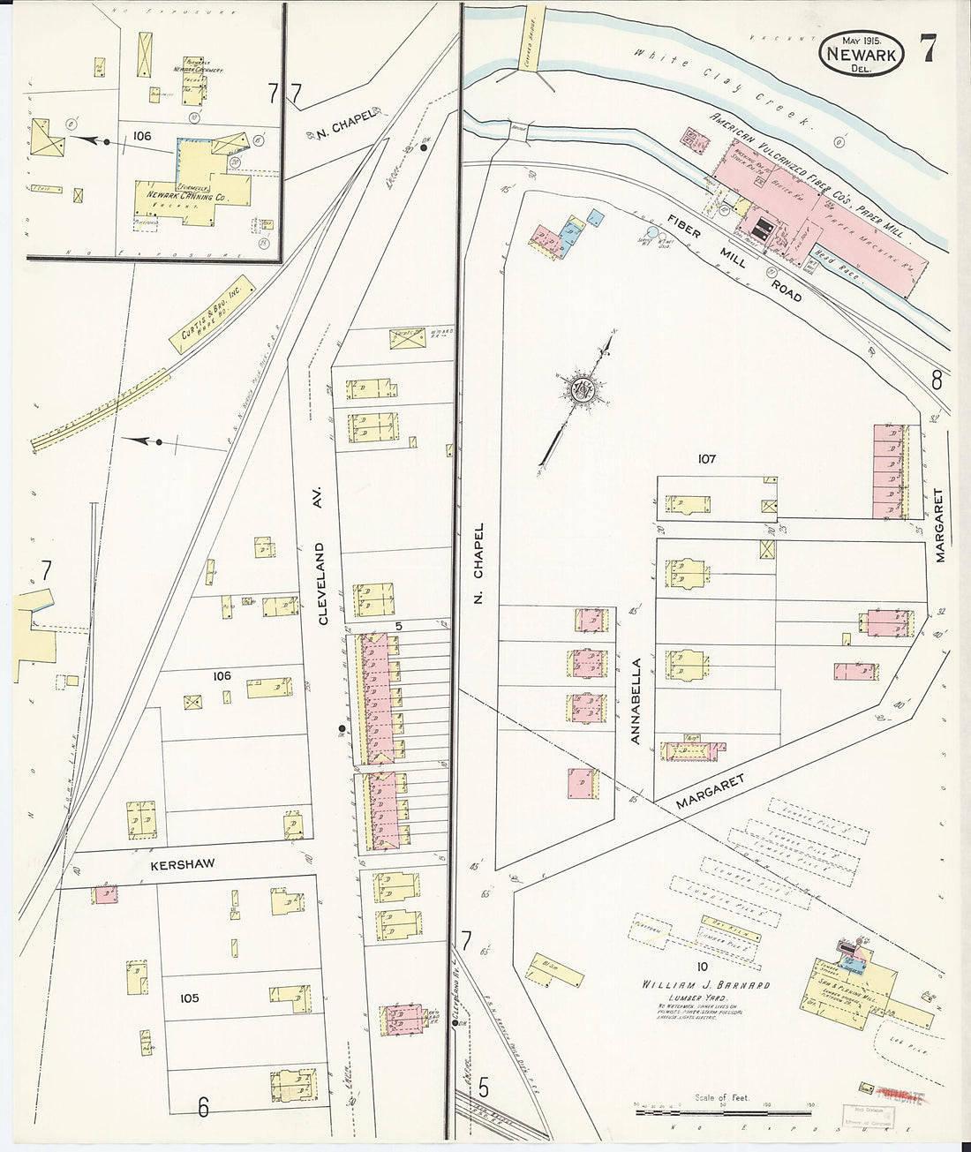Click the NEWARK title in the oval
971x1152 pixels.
(861, 55)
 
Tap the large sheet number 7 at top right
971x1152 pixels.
(927, 49)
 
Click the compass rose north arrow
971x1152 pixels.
(583, 390)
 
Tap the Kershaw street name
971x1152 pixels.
(182, 864)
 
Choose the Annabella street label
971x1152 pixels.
(636, 701)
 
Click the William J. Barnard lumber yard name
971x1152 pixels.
(705, 984)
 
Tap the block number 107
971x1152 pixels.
(706, 458)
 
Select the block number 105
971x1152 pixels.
(189, 998)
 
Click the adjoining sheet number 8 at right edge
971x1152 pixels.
(936, 381)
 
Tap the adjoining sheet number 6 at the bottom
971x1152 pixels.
(203, 1106)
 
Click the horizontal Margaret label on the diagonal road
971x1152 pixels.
(710, 792)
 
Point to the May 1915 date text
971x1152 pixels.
(861, 41)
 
